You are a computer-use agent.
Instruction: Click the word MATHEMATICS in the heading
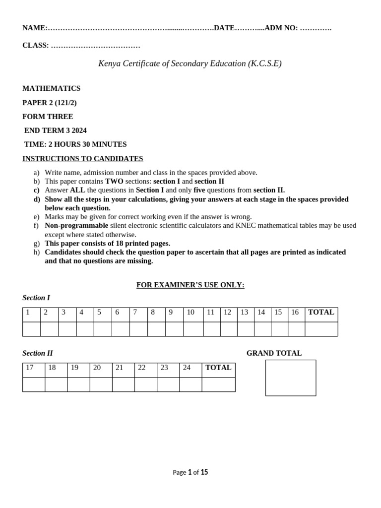point(51,88)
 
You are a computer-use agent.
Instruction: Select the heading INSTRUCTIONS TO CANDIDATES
point(82,159)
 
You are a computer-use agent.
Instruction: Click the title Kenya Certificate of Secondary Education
point(190,63)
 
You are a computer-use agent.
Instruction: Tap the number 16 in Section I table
point(295,313)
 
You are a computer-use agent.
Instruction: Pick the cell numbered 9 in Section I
point(171,313)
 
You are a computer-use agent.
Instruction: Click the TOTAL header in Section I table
point(321,313)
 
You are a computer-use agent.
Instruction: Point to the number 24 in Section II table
point(187,368)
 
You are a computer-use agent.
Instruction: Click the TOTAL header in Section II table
point(218,368)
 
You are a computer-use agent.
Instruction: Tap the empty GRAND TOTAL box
point(291,378)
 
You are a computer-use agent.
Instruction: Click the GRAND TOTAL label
point(274,353)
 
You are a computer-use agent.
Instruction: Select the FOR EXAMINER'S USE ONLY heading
point(190,285)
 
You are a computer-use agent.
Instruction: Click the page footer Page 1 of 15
point(190,472)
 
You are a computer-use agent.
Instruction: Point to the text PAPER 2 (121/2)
point(50,103)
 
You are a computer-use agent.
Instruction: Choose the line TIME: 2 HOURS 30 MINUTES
point(75,144)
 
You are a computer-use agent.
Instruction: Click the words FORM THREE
point(48,117)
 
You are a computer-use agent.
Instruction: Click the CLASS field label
point(35,46)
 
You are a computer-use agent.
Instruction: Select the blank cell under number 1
point(31,329)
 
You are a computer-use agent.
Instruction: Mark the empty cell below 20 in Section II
point(101,384)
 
